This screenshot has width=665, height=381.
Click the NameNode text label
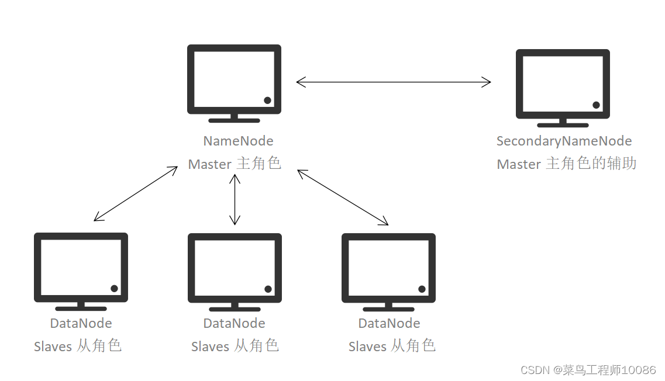(x=238, y=141)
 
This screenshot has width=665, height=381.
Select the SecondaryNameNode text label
(x=564, y=141)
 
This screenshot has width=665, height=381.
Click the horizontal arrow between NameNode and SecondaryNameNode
(x=393, y=82)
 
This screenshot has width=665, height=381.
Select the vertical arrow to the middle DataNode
(x=235, y=199)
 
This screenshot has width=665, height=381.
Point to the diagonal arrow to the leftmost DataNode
(x=136, y=193)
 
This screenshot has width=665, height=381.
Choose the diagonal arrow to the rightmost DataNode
(x=343, y=197)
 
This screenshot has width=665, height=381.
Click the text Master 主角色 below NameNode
(x=235, y=164)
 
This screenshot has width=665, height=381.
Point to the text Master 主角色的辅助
(x=566, y=164)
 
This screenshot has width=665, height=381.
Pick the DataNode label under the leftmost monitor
(x=81, y=323)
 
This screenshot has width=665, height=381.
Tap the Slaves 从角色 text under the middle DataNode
(x=235, y=346)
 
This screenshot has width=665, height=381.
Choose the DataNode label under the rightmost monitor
(x=389, y=323)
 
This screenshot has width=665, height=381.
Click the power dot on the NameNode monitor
(x=267, y=100)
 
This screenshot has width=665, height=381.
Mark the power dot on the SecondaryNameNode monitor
(x=596, y=105)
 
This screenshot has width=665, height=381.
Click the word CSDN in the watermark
(x=532, y=370)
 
